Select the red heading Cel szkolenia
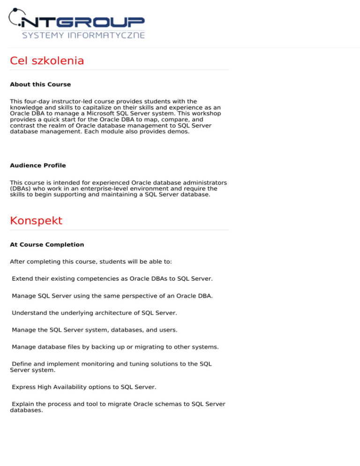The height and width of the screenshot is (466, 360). [x=47, y=61]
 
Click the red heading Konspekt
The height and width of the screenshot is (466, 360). [x=36, y=221]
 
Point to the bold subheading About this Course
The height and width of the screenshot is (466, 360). [x=40, y=85]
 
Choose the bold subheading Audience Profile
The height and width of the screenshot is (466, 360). [x=38, y=165]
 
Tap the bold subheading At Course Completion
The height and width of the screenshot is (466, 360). [x=47, y=245]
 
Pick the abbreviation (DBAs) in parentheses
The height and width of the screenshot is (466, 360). [x=21, y=188]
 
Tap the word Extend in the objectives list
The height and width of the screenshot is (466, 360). [x=23, y=278]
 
